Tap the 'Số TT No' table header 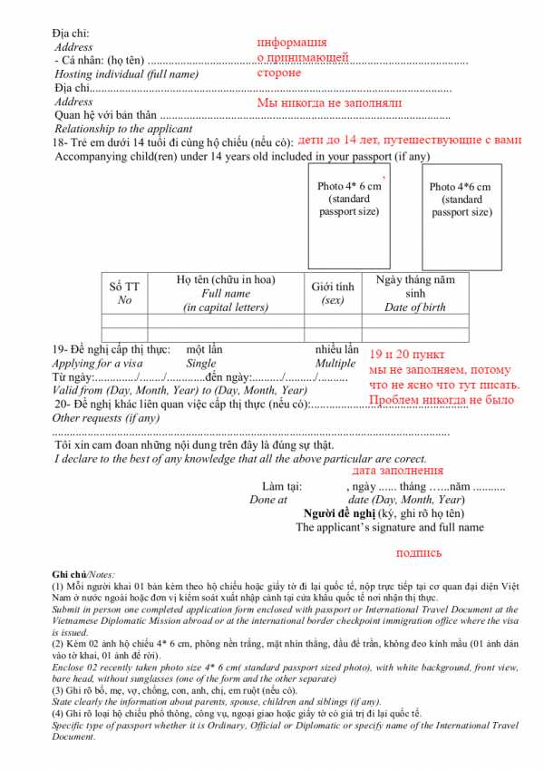click(x=124, y=292)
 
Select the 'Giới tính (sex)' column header click(x=333, y=292)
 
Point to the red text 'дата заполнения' click(x=397, y=471)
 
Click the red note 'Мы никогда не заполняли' click(x=329, y=103)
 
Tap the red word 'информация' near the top click(x=292, y=43)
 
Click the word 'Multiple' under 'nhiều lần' click(x=335, y=363)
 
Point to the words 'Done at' click(x=268, y=500)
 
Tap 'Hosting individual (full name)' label click(x=126, y=73)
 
